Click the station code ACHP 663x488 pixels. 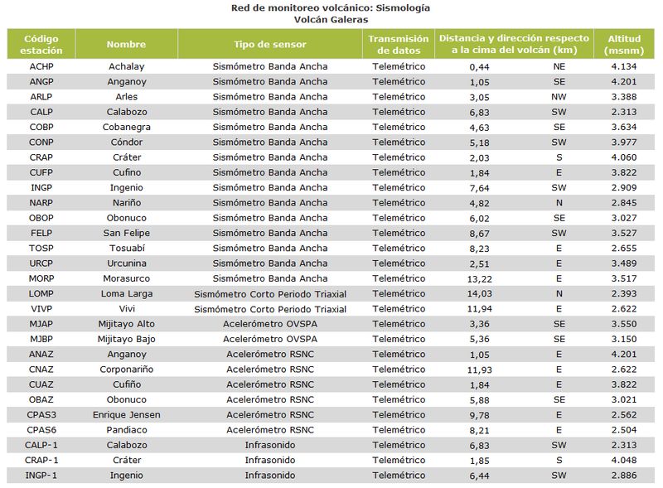(41, 66)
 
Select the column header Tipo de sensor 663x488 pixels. (270, 44)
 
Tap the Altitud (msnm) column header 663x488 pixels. (624, 45)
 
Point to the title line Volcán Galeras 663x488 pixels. (331, 19)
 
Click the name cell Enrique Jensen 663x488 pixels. (127, 415)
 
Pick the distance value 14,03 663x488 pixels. (480, 294)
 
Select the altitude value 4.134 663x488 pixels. (624, 66)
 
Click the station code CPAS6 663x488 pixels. (41, 430)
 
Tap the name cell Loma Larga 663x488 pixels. (127, 294)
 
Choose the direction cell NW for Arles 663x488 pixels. (559, 97)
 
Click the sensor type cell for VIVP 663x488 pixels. (270, 309)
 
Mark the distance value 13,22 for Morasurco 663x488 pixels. (480, 278)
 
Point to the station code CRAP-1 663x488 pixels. (41, 460)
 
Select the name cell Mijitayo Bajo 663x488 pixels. (127, 339)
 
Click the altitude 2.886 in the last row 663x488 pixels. (624, 476)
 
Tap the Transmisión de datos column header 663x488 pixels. (399, 45)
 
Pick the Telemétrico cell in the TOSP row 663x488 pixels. (399, 249)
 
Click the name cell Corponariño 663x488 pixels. (127, 370)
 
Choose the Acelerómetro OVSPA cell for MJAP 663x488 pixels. (270, 324)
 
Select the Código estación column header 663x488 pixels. (41, 45)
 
